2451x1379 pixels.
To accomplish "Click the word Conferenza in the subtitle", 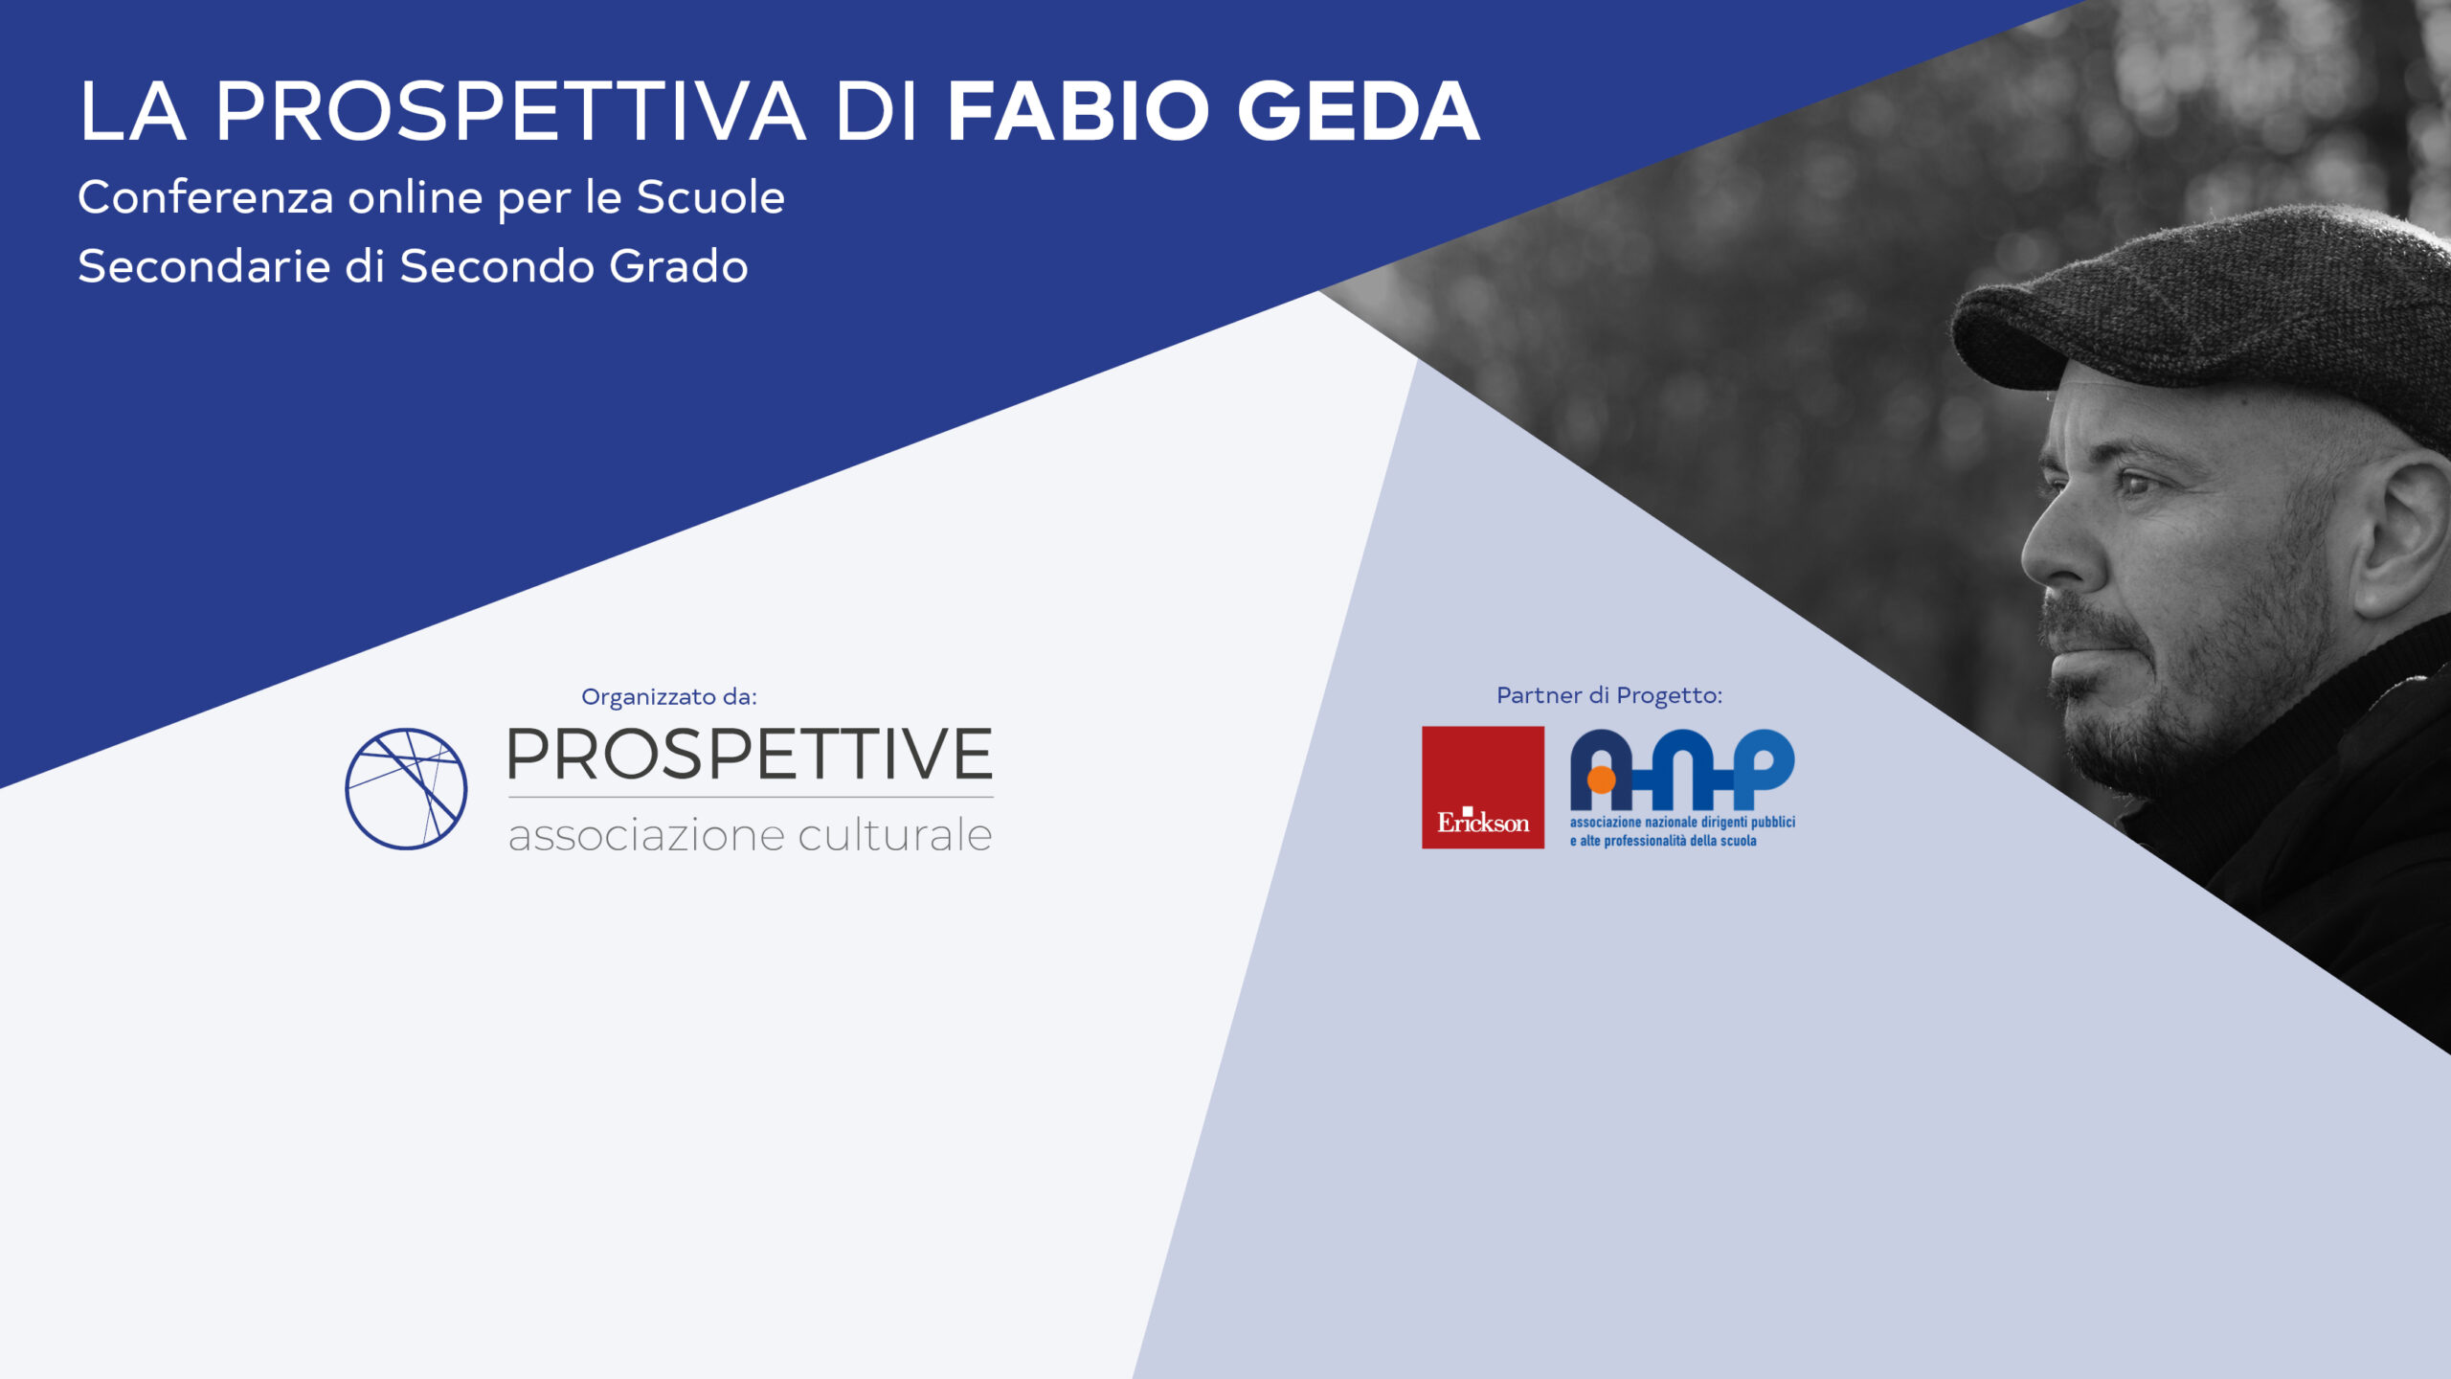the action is [206, 197].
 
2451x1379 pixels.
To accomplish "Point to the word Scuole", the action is [710, 197].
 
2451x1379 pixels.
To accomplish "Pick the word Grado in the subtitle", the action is [678, 266].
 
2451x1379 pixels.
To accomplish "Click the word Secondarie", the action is [203, 266].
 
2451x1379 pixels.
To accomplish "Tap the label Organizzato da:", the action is [669, 696].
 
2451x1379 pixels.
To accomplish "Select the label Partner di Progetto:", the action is [1609, 695].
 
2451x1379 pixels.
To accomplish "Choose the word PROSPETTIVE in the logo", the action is [750, 755].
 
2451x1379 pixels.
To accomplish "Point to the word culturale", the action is [895, 834].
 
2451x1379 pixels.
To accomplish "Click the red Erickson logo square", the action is [1483, 787].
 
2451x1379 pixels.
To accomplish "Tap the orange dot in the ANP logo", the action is [1601, 780].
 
